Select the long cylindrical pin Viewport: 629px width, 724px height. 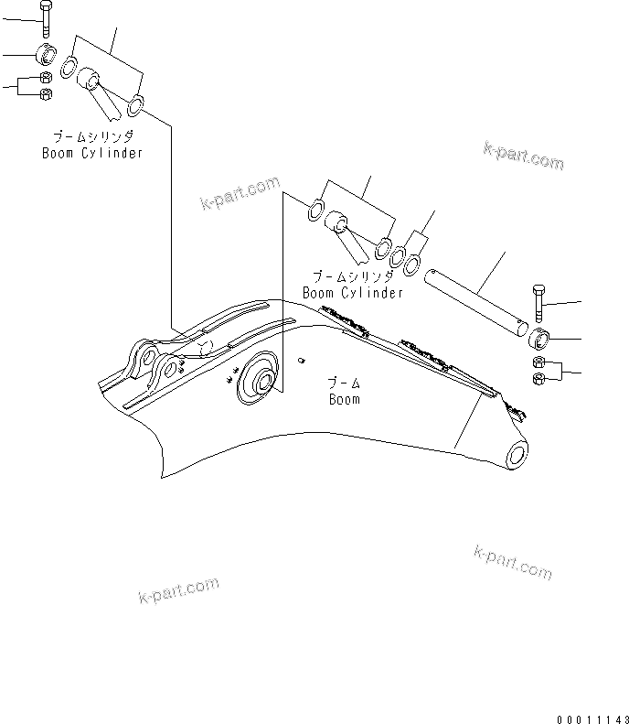click(475, 298)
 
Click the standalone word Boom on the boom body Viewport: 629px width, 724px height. click(344, 399)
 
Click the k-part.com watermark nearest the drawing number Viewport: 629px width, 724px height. click(513, 562)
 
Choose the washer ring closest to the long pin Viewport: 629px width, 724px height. click(413, 265)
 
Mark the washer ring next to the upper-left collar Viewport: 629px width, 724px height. click(69, 67)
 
